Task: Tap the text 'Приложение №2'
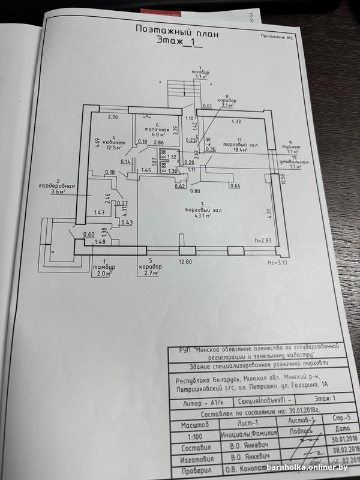coord(277,37)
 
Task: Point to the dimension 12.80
coord(184,262)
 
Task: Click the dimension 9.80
coord(194,191)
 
